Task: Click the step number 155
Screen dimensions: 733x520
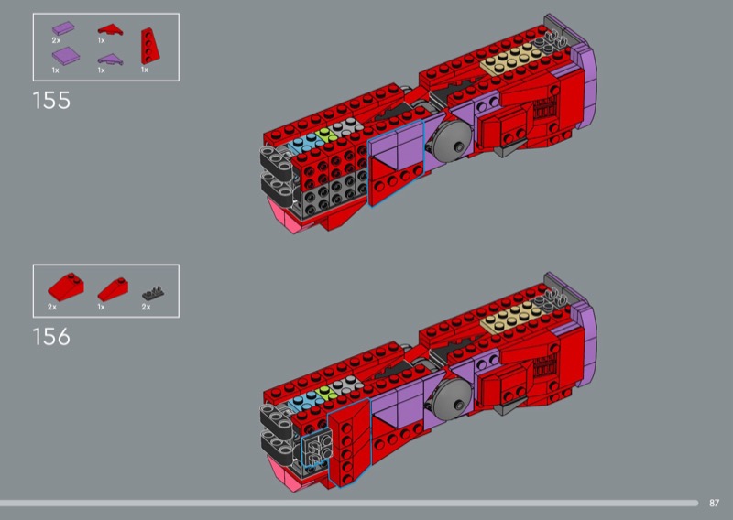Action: click(51, 101)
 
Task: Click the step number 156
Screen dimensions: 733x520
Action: click(51, 337)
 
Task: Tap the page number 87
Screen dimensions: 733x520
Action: click(714, 503)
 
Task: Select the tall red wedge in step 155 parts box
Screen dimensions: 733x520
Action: click(149, 46)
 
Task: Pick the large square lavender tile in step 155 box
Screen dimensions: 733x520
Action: click(65, 56)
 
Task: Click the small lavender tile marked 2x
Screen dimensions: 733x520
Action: click(63, 28)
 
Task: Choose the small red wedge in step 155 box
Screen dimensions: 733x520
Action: click(110, 30)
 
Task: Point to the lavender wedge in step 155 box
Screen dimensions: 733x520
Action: click(110, 60)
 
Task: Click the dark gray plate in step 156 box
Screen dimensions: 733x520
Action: click(153, 293)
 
